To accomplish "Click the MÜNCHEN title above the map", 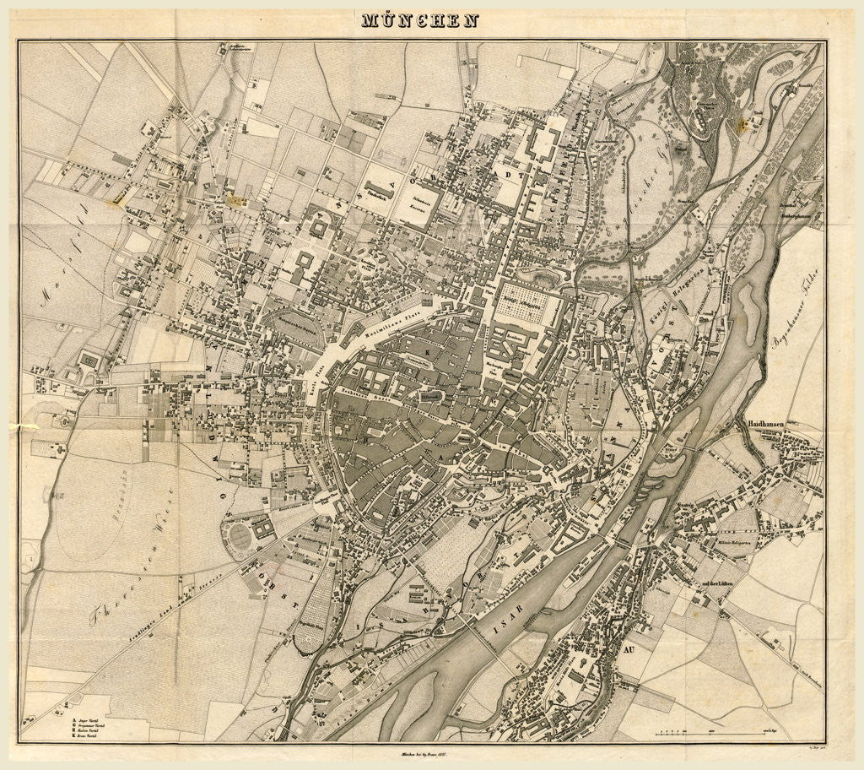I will tap(419, 20).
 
